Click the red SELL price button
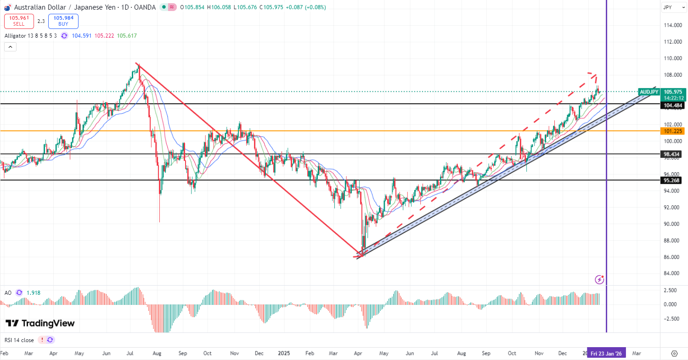click(18, 21)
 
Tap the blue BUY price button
click(63, 21)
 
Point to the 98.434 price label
click(671, 154)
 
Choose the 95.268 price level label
click(671, 180)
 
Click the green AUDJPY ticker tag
click(649, 92)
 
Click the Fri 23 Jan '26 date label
click(606, 354)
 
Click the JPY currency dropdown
click(673, 7)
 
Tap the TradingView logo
click(40, 323)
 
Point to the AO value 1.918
click(33, 292)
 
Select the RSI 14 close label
click(19, 340)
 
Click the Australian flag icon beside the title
click(7, 7)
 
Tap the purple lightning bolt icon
click(599, 279)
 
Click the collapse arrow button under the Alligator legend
click(11, 46)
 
